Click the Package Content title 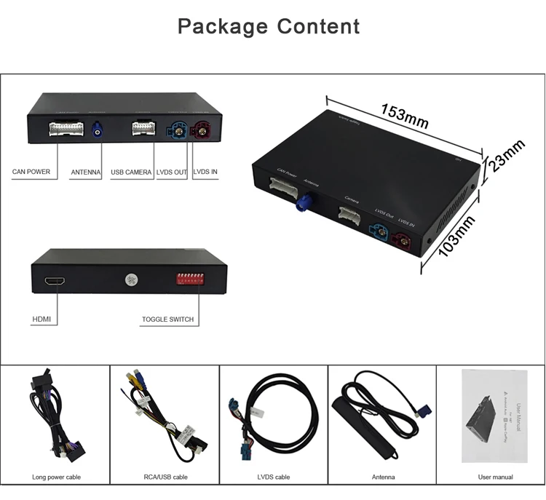coord(269,27)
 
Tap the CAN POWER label coord(31,172)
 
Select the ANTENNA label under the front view coord(87,172)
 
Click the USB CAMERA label coord(131,172)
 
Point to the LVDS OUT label coord(171,172)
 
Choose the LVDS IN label coord(205,172)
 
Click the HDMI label coord(41,319)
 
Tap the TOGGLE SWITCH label coord(168,319)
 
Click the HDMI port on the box coord(55,280)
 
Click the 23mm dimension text coord(506,156)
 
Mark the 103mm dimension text coord(456,235)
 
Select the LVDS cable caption coord(273,477)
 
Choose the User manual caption coord(495,477)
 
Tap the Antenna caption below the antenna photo coord(383,477)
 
